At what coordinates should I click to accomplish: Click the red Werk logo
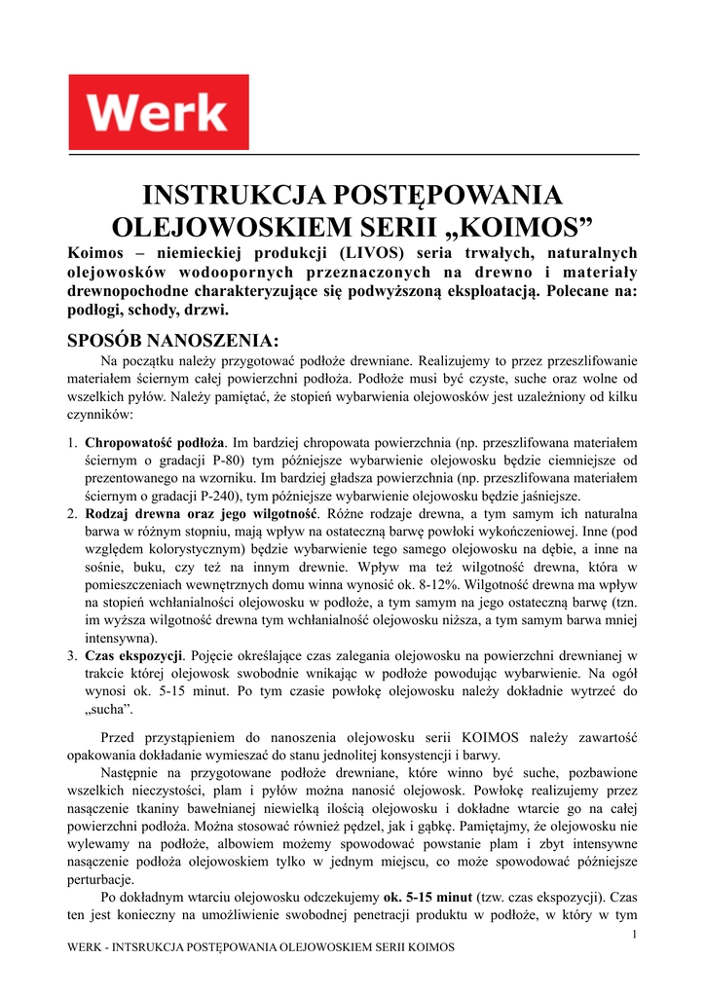[x=158, y=112]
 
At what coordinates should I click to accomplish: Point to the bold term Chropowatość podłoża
[x=156, y=443]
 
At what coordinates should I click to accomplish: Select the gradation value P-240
[x=217, y=496]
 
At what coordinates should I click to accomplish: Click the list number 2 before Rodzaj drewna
[x=73, y=514]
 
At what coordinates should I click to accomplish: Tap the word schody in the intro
[x=150, y=310]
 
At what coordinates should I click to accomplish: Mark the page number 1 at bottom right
[x=634, y=935]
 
